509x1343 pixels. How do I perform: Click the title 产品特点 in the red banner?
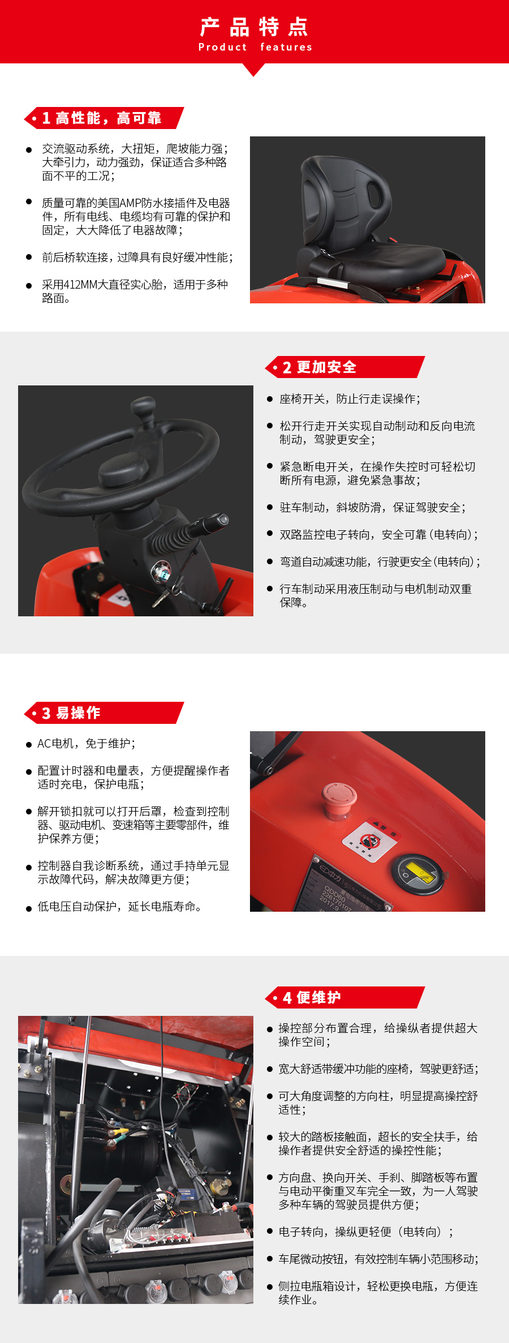[254, 27]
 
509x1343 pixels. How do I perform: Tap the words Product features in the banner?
[255, 48]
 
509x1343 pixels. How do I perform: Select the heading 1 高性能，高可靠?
[102, 118]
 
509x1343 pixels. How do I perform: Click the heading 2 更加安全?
[320, 367]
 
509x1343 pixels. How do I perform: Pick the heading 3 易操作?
[71, 713]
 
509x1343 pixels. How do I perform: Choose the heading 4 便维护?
[312, 998]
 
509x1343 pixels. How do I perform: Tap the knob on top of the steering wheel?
[143, 406]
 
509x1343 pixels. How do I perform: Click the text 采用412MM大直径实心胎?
[135, 285]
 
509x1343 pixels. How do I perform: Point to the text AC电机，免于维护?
[87, 744]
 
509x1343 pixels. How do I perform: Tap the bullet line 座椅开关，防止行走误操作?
[350, 399]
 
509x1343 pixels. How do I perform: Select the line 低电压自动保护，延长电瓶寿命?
[119, 907]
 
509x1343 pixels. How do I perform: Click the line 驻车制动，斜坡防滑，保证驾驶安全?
[372, 508]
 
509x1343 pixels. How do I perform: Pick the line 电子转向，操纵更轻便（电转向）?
[365, 1232]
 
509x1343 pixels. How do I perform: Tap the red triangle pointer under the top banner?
[253, 69]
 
